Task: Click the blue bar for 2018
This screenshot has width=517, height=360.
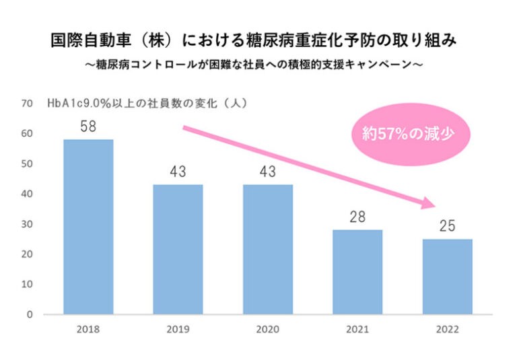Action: click(88, 227)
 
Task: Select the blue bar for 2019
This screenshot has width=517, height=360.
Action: click(178, 249)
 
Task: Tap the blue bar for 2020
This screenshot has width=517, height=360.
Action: click(268, 249)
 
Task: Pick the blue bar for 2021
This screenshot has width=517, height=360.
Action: click(357, 272)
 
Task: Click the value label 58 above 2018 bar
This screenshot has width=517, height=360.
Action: click(88, 127)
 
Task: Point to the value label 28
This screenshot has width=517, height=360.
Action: click(357, 217)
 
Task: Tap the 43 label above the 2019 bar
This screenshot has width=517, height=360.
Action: click(178, 172)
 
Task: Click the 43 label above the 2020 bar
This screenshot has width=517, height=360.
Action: click(268, 172)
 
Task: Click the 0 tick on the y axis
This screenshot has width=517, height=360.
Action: click(30, 314)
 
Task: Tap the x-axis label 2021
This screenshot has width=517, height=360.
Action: click(357, 330)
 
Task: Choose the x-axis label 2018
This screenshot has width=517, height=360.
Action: click(88, 330)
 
